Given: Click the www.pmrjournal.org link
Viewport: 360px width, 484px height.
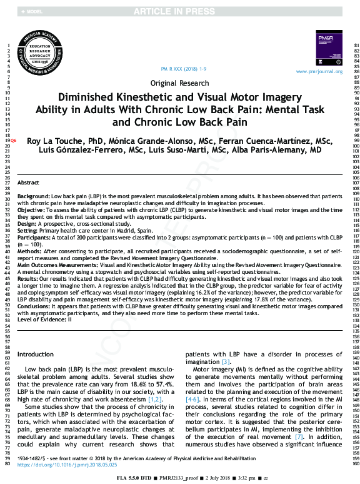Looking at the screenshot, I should tap(319, 72).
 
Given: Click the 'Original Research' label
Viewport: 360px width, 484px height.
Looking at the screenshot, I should tap(180, 83).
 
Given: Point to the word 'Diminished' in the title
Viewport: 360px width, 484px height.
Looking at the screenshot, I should tap(85, 98).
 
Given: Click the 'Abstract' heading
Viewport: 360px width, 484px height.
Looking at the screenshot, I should tap(28, 183).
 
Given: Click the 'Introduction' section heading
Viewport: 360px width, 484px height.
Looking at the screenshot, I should tap(36, 355).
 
